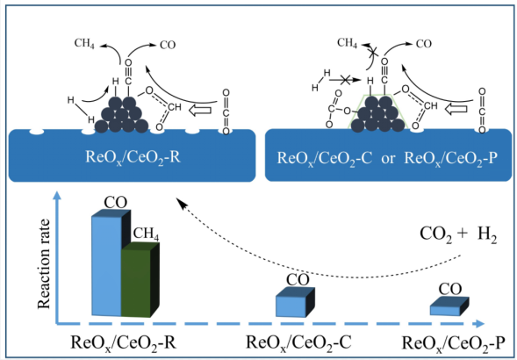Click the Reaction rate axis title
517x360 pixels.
(x=44, y=263)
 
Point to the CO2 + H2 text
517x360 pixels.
(x=458, y=235)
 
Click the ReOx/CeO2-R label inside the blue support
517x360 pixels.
(x=133, y=157)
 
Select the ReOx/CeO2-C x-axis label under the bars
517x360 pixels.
(x=298, y=342)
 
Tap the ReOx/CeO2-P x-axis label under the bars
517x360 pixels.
(x=454, y=343)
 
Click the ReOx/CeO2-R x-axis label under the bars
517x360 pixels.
(x=124, y=342)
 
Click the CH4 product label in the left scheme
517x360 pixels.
(x=84, y=44)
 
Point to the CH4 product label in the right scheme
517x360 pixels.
(x=348, y=43)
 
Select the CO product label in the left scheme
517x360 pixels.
(x=168, y=45)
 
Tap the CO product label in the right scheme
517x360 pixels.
(x=423, y=44)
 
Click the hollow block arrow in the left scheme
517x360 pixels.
(x=200, y=111)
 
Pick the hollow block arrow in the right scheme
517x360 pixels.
(x=456, y=109)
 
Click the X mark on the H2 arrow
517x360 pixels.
(x=345, y=80)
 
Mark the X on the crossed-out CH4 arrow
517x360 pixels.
(x=373, y=52)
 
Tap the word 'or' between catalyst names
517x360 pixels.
(x=388, y=159)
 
